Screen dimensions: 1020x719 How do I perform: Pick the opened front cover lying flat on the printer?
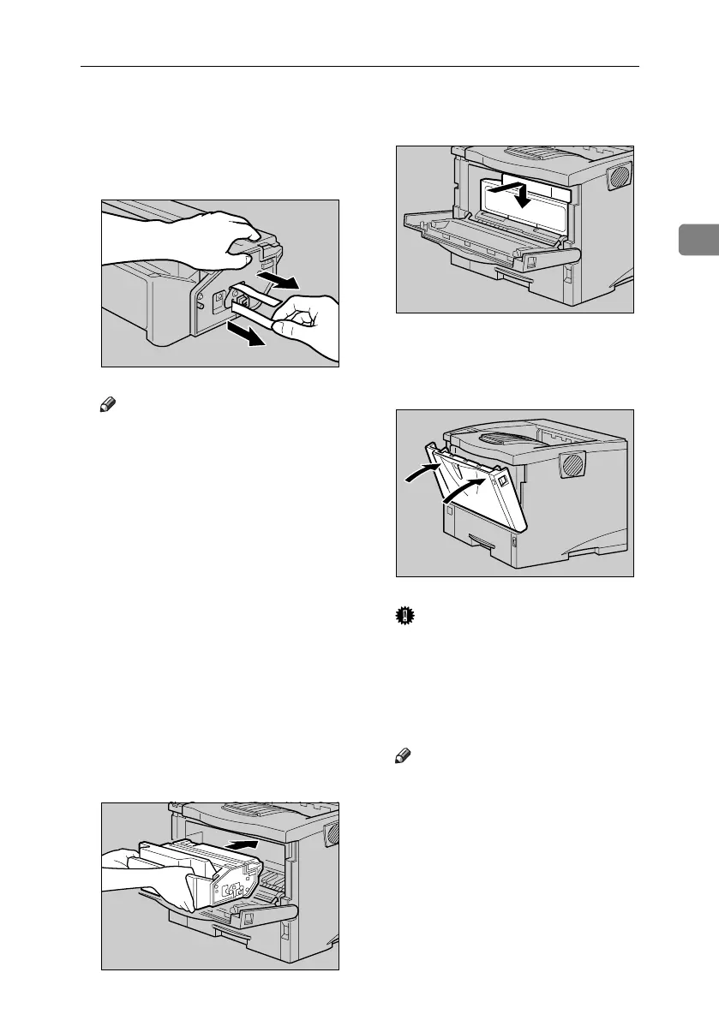coord(488,248)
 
